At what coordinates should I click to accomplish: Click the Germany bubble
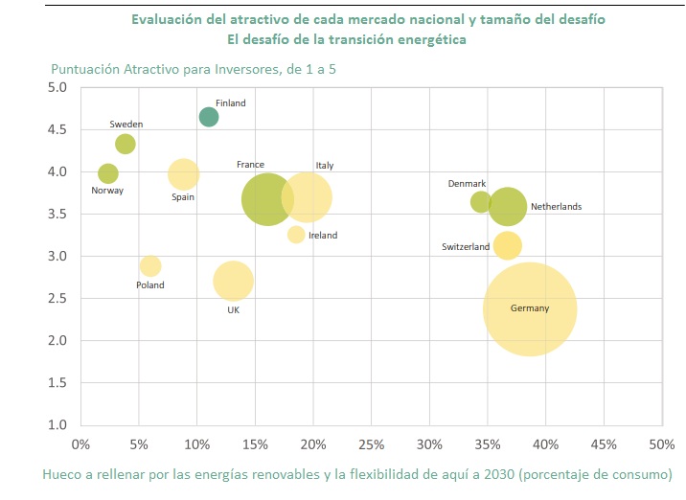[530, 309]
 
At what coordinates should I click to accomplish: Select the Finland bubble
[209, 117]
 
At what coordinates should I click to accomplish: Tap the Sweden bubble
[126, 144]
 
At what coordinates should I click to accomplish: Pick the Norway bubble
[108, 173]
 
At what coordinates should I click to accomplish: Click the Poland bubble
[150, 265]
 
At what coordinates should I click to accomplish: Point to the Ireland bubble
[296, 235]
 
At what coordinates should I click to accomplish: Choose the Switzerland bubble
[508, 245]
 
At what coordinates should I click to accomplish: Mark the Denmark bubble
[481, 201]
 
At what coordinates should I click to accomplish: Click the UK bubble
[233, 282]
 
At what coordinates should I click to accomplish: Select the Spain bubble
[184, 173]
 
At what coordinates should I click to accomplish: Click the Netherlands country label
[556, 207]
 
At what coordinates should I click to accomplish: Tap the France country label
[250, 165]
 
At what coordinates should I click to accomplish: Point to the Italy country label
[325, 166]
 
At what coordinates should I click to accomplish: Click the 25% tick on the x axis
[371, 444]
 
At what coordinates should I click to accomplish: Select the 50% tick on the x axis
[661, 444]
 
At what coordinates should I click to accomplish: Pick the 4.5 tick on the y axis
[57, 129]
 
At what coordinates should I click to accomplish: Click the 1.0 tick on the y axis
[57, 424]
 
